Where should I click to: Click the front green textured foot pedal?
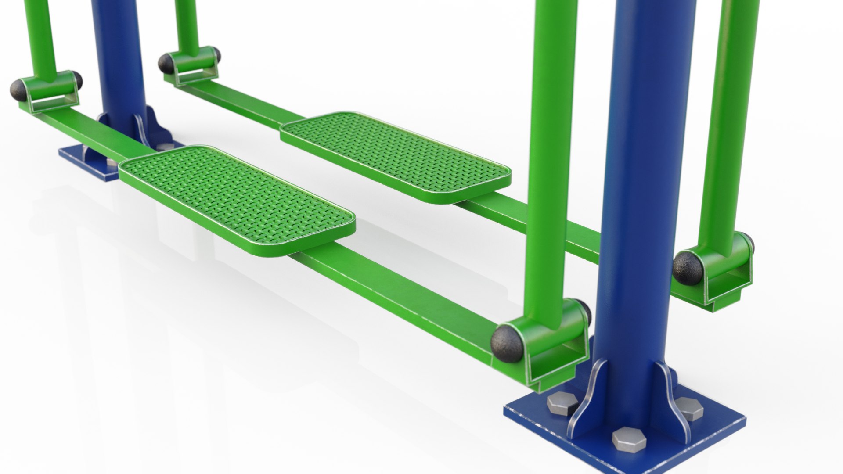click(237, 200)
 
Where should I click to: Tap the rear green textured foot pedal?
click(395, 156)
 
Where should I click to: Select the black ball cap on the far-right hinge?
click(688, 267)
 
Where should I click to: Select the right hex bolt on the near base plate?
click(690, 409)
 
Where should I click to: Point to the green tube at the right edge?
click(729, 110)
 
